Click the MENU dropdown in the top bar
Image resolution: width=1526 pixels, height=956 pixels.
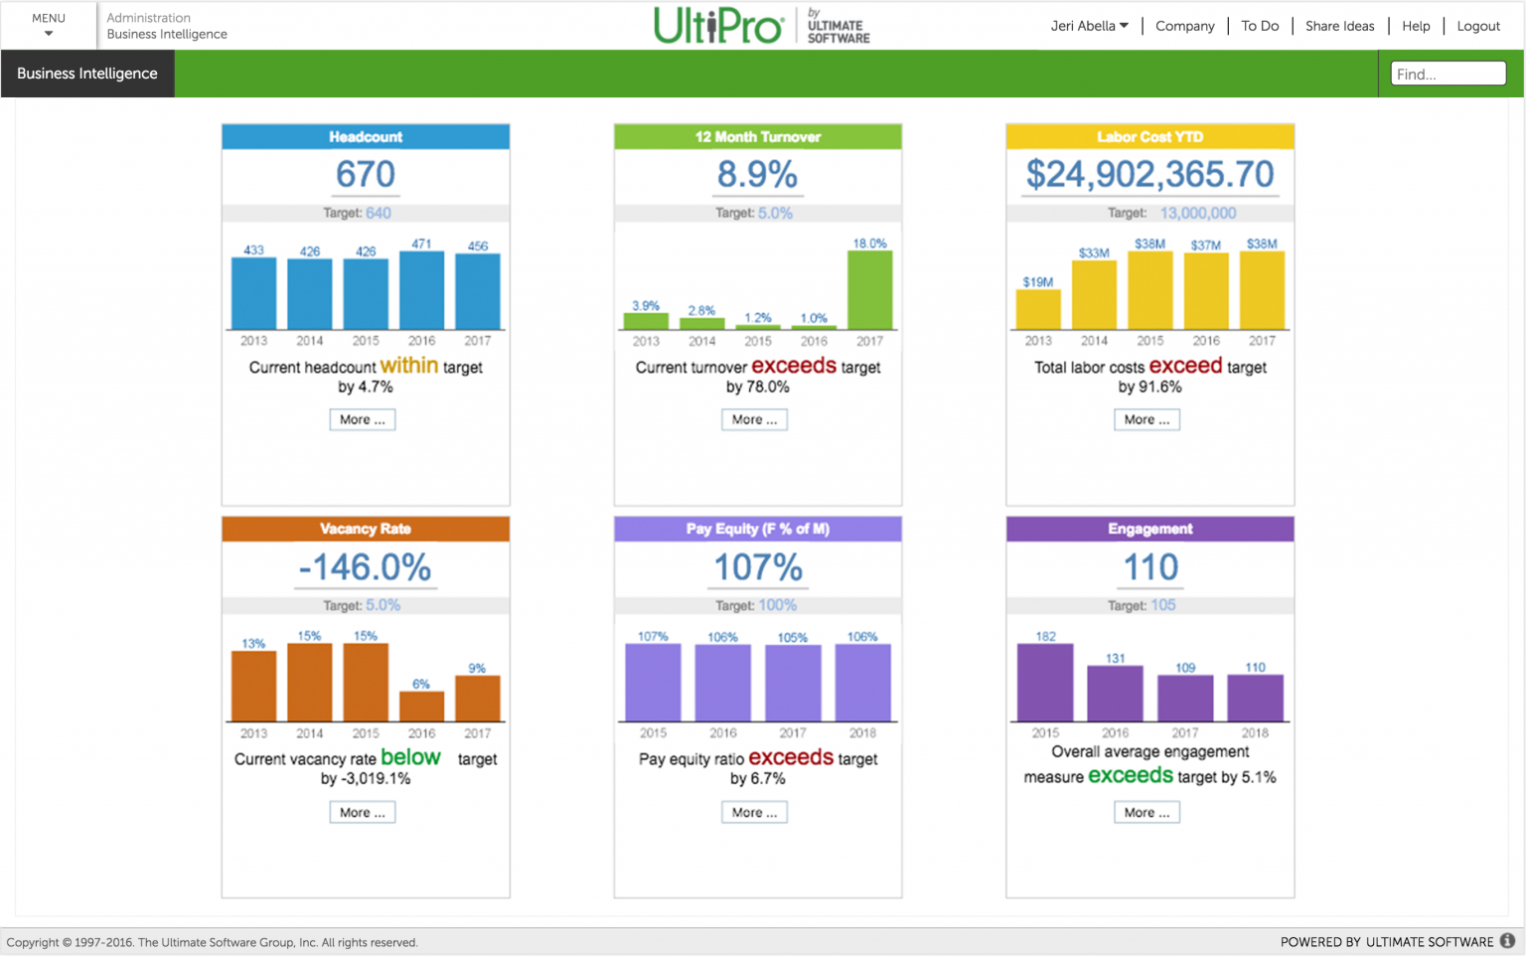(48, 25)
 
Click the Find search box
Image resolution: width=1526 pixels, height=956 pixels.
(1448, 74)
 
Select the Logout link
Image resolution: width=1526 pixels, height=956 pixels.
(1477, 26)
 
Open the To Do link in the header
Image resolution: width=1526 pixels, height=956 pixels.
(1260, 26)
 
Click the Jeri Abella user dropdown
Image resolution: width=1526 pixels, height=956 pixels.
(1089, 26)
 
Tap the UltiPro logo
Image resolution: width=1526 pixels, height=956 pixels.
(718, 26)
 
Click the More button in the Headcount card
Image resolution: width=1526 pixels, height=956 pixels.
(362, 419)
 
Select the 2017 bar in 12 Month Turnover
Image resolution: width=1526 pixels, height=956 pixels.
(869, 289)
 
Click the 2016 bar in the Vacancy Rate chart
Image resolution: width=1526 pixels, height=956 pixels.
(421, 706)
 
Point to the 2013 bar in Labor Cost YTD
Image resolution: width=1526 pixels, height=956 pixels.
(1037, 309)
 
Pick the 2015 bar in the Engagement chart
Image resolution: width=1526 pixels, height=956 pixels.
(1045, 682)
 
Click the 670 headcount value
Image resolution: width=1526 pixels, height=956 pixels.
(365, 175)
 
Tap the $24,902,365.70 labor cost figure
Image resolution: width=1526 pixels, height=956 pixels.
(1149, 175)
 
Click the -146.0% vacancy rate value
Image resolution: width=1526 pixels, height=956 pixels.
(365, 567)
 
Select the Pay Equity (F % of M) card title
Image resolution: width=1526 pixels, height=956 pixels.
(757, 529)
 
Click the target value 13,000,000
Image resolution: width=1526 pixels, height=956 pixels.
(1197, 213)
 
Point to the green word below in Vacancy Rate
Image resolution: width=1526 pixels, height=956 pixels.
(410, 757)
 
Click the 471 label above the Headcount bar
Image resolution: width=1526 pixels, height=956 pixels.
(421, 243)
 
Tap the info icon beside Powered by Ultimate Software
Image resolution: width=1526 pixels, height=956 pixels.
(1507, 941)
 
